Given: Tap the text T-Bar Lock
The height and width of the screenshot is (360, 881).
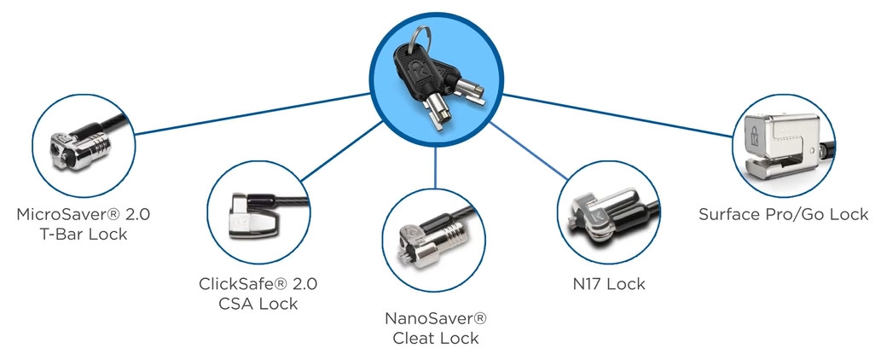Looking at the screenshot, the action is (84, 235).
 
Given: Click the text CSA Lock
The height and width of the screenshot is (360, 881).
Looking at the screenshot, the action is (258, 304).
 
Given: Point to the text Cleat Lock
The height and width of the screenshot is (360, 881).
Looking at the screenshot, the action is (436, 338).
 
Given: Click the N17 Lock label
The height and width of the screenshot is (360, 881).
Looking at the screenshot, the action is (609, 283).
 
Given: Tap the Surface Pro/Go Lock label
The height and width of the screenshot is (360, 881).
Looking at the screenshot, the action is (783, 214).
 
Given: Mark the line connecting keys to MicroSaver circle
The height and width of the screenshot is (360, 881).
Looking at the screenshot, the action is (252, 114).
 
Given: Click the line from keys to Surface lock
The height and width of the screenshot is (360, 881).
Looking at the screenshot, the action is (618, 116).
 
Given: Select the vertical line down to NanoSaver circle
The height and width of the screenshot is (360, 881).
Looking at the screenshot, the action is (436, 168).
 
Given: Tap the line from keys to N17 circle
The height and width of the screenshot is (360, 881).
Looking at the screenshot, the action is (528, 150).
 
